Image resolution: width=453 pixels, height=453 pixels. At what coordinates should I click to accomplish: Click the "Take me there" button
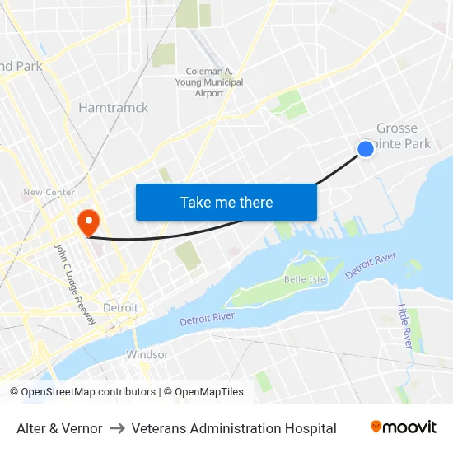click(226, 202)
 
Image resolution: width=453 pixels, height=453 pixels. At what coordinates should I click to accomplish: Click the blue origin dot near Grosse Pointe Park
click(366, 148)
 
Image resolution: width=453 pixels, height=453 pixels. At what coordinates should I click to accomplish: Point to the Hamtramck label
click(114, 108)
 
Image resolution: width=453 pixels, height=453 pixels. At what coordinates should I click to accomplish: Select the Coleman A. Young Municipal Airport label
click(209, 82)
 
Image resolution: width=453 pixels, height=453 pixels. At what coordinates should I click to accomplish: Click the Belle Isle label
click(301, 279)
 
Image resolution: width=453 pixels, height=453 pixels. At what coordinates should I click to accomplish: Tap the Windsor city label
click(147, 355)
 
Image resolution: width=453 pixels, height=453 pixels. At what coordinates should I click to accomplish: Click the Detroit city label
click(120, 307)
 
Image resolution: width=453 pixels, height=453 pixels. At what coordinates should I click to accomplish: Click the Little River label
click(404, 325)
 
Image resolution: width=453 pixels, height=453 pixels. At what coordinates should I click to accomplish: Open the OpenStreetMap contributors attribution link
click(88, 392)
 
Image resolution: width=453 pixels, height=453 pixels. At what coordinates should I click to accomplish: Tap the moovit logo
click(403, 427)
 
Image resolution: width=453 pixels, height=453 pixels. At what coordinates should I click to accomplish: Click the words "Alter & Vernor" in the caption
click(59, 428)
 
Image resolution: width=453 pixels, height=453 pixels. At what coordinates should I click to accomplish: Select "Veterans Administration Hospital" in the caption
click(234, 428)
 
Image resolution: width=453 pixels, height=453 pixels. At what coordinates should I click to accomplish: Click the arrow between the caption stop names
click(117, 428)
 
